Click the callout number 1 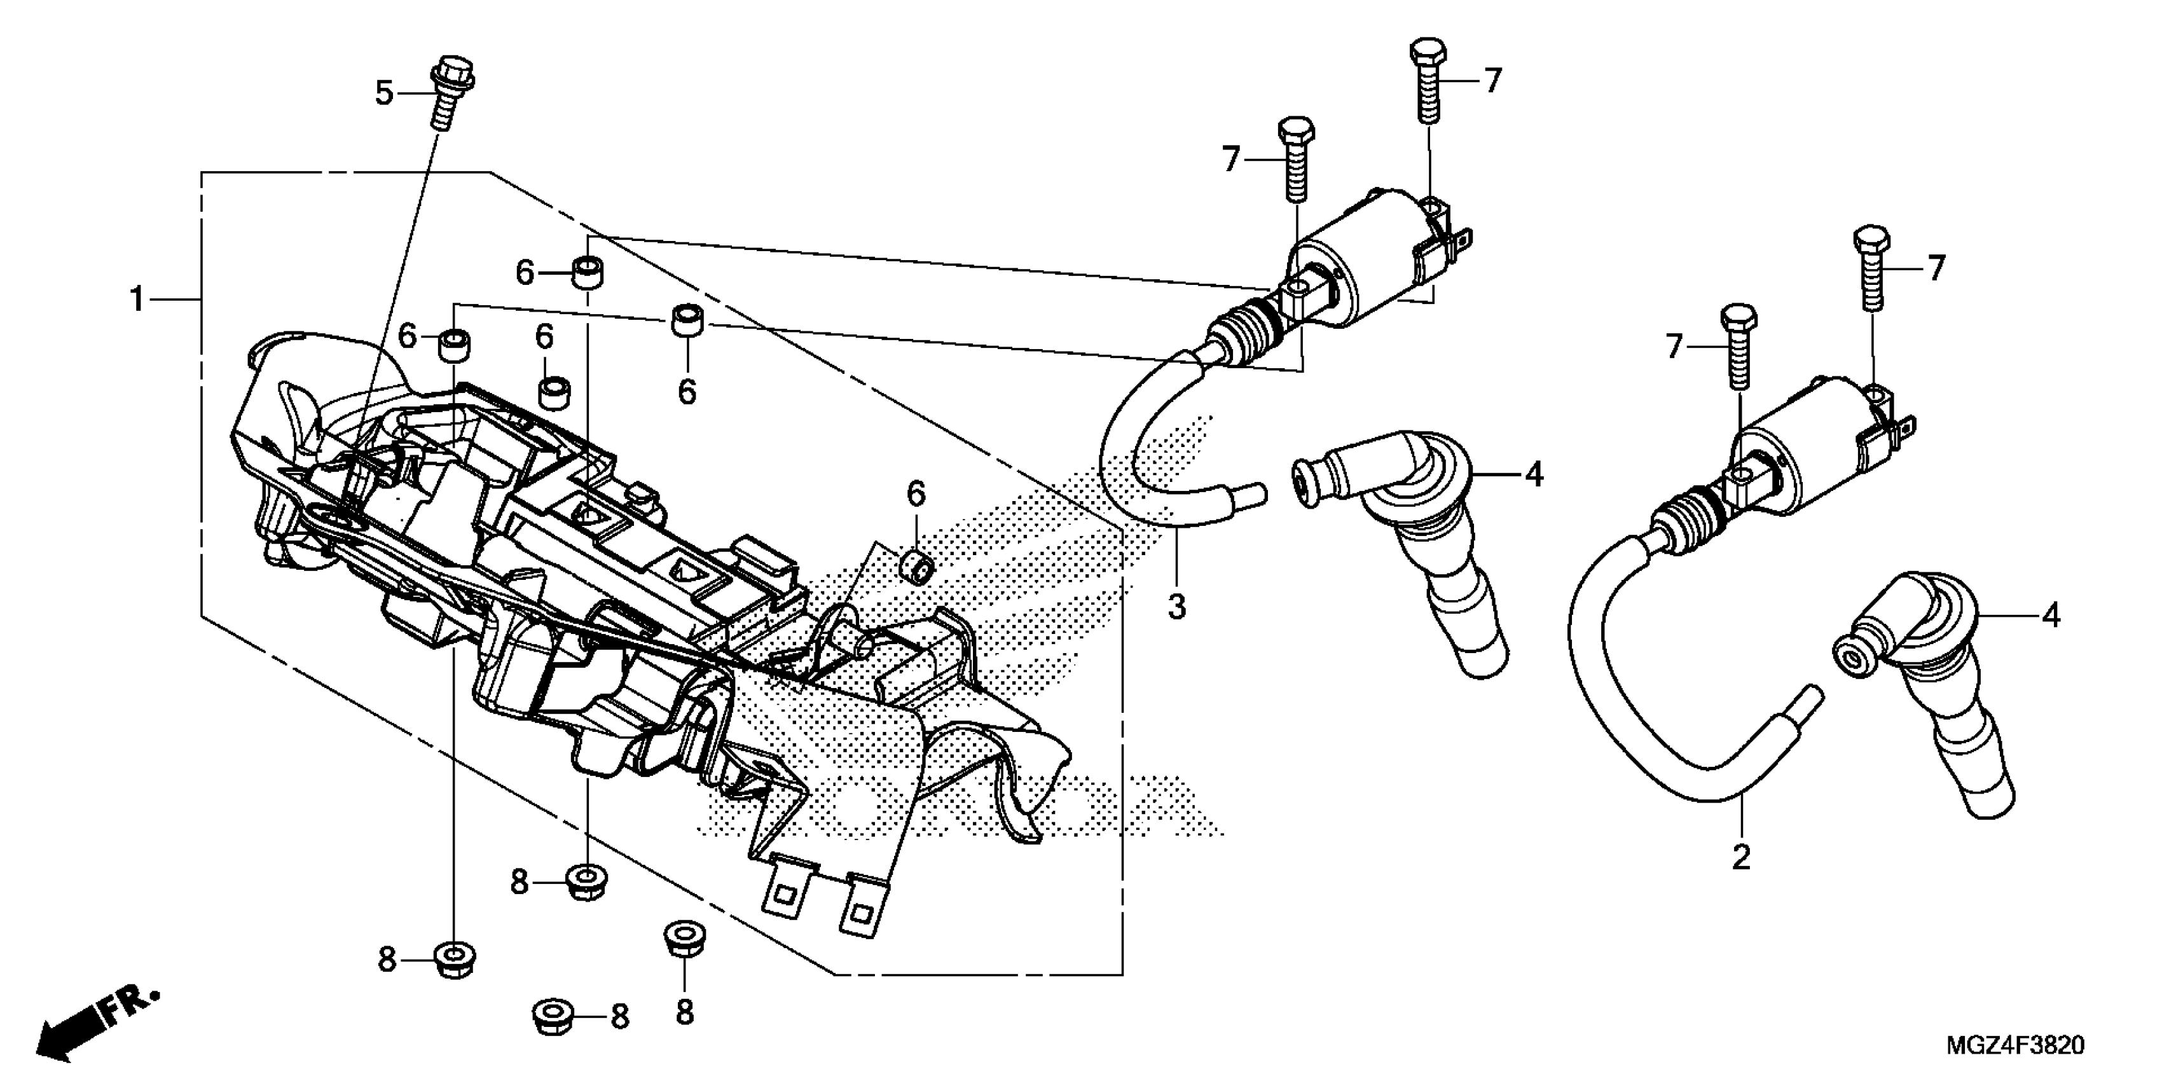tap(137, 300)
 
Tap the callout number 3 tap(1176, 606)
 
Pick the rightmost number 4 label tap(2050, 616)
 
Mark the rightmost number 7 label tap(1936, 268)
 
